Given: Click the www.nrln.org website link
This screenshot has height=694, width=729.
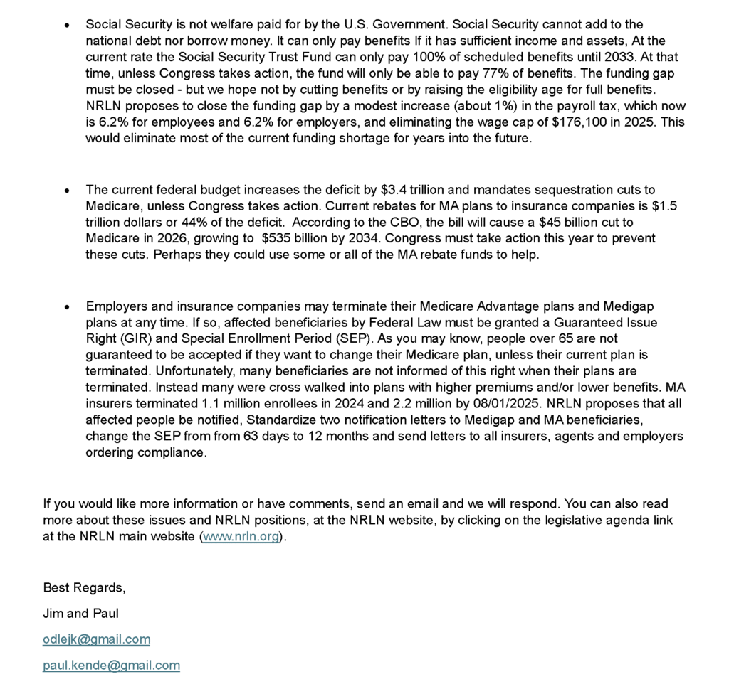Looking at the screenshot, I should (241, 536).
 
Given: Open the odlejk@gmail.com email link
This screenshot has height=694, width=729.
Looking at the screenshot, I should (96, 639).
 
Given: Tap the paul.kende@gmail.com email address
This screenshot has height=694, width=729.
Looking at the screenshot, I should (111, 665).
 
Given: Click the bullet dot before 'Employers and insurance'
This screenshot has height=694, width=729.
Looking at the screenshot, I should (67, 307).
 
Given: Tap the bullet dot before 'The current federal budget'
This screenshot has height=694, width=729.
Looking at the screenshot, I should (67, 191).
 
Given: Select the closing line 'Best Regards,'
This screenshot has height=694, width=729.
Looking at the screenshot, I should (84, 587).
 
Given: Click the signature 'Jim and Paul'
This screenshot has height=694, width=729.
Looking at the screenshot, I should (81, 613).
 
